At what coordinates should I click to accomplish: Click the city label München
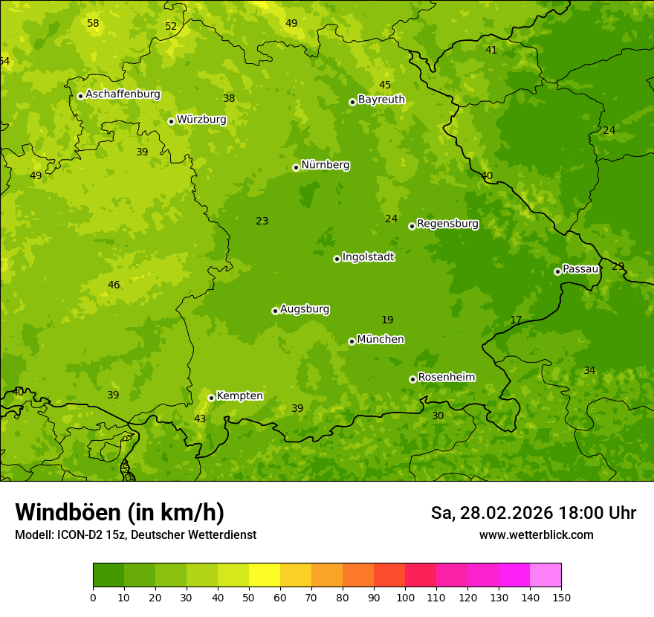coord(381,340)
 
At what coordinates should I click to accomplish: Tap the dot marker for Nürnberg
coord(296,167)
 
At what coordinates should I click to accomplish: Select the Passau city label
coord(580,269)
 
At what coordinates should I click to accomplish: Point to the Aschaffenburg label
coord(123,94)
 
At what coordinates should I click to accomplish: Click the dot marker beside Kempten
coord(211,398)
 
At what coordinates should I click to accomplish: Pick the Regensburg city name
coord(447,224)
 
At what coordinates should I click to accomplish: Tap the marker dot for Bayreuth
coord(352,102)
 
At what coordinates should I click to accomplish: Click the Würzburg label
coord(201,120)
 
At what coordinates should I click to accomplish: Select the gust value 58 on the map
coord(93,24)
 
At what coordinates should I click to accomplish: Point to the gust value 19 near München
coord(387,320)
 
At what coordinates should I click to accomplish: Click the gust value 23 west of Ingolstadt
coord(262,222)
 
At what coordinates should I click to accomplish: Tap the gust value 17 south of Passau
coord(516,320)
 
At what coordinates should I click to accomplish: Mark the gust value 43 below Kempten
coord(200,419)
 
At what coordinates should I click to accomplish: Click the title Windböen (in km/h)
coord(120,512)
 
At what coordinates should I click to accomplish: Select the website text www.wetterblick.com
coord(536,535)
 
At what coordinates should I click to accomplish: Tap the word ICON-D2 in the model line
coord(80,535)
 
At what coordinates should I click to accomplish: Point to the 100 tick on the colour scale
coord(405,597)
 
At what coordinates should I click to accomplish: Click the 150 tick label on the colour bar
coord(561,597)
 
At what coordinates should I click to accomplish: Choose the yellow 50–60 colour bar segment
coord(265,575)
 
